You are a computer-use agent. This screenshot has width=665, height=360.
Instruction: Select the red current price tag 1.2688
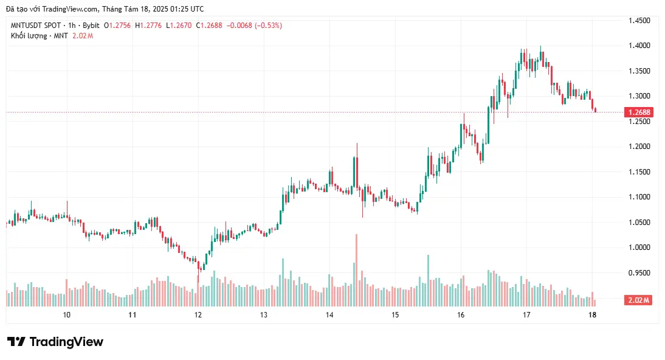click(x=638, y=112)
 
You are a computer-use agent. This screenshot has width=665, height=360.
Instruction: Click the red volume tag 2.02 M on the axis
click(x=638, y=300)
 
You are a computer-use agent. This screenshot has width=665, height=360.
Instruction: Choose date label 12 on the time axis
click(x=198, y=315)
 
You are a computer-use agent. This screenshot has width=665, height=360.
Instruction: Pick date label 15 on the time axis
click(x=395, y=315)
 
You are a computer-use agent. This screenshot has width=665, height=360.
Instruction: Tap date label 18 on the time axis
click(x=593, y=315)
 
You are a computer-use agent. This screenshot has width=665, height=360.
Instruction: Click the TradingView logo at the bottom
click(x=55, y=342)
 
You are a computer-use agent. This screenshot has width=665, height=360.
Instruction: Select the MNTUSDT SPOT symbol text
click(x=36, y=26)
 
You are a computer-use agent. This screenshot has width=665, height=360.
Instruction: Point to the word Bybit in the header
click(x=91, y=26)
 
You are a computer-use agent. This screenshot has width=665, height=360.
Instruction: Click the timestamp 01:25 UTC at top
click(x=186, y=9)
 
